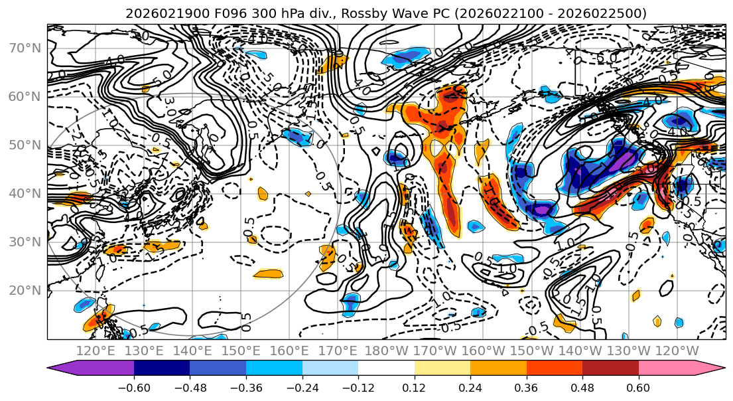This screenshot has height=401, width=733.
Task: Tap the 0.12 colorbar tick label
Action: click(414, 386)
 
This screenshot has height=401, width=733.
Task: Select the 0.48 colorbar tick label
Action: click(582, 386)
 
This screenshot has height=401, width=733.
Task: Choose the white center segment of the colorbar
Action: click(386, 369)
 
